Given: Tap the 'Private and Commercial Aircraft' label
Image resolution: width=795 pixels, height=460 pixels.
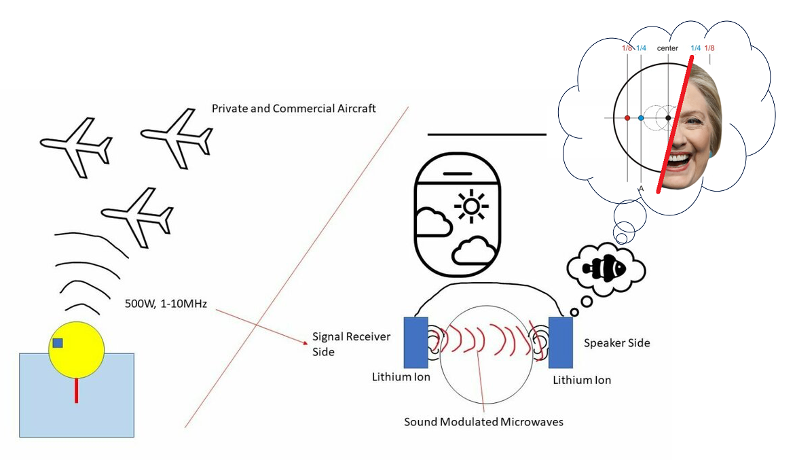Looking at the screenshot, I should click(x=293, y=109).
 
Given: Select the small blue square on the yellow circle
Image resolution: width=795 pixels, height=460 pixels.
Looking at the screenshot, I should click(x=58, y=343).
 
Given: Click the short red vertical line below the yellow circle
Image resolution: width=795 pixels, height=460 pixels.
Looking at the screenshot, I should click(x=76, y=390).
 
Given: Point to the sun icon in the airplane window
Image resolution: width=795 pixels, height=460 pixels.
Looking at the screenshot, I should click(x=469, y=206).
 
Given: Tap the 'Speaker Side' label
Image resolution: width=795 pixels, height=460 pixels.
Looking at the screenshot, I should click(x=616, y=343).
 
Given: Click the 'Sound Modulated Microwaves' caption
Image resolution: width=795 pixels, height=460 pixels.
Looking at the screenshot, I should click(x=483, y=422).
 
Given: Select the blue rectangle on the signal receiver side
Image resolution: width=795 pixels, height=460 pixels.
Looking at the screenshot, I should click(x=415, y=342).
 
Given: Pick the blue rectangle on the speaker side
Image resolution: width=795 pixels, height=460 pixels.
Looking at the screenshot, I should click(x=561, y=342).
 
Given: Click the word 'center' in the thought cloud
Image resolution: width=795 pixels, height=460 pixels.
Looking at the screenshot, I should click(x=667, y=48).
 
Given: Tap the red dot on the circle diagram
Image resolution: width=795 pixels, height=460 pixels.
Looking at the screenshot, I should click(x=627, y=118).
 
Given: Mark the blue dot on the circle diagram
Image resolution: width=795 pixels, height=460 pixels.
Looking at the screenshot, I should click(x=641, y=118).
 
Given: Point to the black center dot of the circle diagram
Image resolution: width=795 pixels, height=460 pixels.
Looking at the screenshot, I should click(x=669, y=118).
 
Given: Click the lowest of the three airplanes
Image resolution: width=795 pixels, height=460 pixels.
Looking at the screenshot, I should click(x=137, y=215).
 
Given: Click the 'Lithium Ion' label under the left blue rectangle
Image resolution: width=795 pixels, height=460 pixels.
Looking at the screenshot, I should click(x=401, y=376).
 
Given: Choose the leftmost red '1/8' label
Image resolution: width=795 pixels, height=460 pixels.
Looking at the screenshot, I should click(x=627, y=48).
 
